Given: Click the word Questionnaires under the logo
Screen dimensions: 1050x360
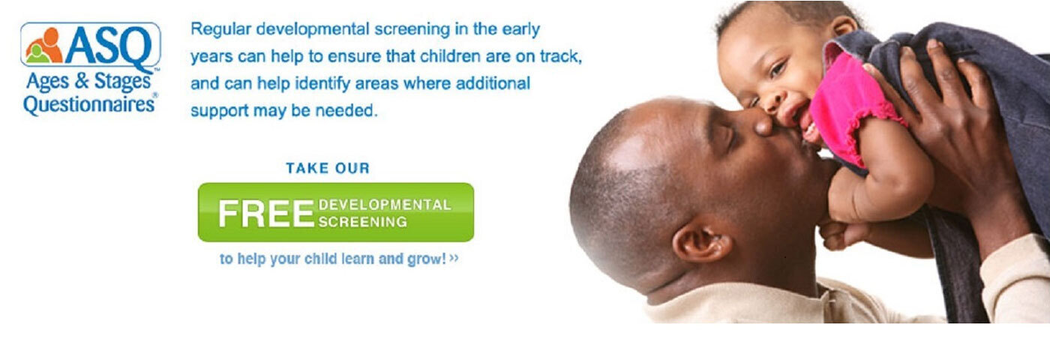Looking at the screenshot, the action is pyautogui.click(x=89, y=104).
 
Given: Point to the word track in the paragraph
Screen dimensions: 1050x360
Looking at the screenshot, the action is pyautogui.click(x=561, y=56).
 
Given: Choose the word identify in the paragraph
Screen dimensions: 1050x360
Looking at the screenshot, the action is pyautogui.click(x=322, y=84).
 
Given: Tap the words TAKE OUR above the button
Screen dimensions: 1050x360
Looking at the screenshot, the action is pyautogui.click(x=328, y=168).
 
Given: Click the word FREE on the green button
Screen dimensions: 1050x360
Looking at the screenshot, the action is pyautogui.click(x=266, y=214).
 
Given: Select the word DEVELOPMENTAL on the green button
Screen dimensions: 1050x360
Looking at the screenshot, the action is pyautogui.click(x=385, y=205).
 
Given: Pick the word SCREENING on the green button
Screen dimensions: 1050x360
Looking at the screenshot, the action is pyautogui.click(x=362, y=222).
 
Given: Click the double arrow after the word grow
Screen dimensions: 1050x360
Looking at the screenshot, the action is pyautogui.click(x=453, y=258).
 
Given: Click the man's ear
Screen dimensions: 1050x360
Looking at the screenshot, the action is pyautogui.click(x=702, y=242).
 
